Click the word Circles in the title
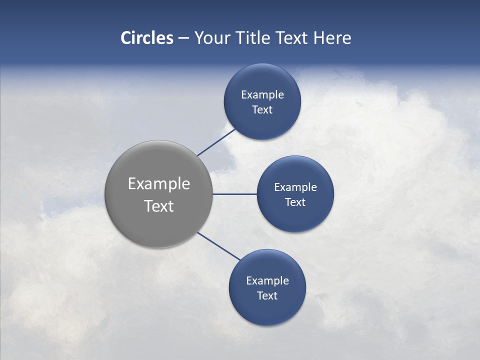147,38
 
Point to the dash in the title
183,38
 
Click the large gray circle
158,225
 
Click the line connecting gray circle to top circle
217,142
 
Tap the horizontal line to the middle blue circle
234,194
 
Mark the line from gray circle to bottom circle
219,246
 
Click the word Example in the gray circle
159,184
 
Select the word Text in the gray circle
159,206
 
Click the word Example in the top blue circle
262,95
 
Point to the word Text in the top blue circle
262,110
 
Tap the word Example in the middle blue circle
295,187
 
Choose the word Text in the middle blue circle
295,202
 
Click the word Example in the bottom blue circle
267,281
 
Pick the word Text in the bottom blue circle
267,296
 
